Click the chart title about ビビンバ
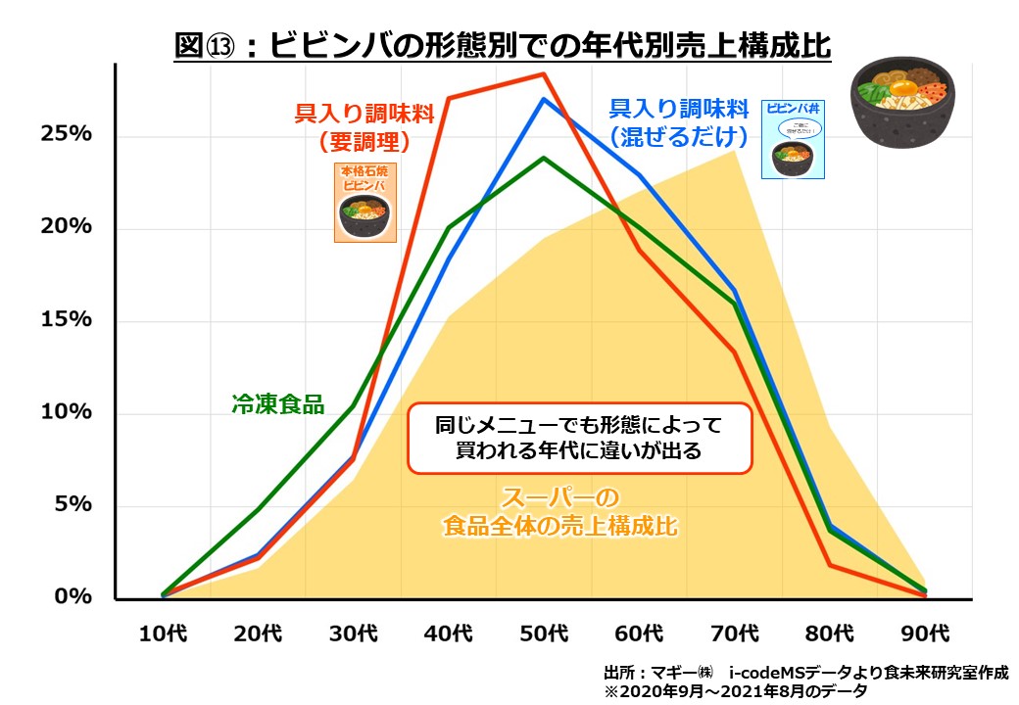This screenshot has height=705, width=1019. (x=502, y=45)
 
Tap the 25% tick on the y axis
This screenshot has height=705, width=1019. (x=66, y=134)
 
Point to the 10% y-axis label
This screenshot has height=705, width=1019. (x=66, y=412)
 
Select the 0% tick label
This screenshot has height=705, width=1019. (x=73, y=596)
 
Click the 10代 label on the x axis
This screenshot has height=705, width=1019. (x=163, y=633)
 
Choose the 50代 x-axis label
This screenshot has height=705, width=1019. (x=544, y=633)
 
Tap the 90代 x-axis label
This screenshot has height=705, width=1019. (x=925, y=633)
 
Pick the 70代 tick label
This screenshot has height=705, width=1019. (x=735, y=633)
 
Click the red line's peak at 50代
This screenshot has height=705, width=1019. (x=544, y=74)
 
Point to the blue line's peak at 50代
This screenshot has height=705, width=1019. (x=544, y=99)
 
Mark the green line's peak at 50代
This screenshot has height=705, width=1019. (x=544, y=158)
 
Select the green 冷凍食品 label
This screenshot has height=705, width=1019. (x=277, y=403)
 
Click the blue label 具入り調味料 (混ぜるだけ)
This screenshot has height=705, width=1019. (x=679, y=121)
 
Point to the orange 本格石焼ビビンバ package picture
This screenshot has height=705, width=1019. (x=365, y=203)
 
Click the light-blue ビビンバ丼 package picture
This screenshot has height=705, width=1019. (x=793, y=138)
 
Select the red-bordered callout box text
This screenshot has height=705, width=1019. (x=579, y=438)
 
